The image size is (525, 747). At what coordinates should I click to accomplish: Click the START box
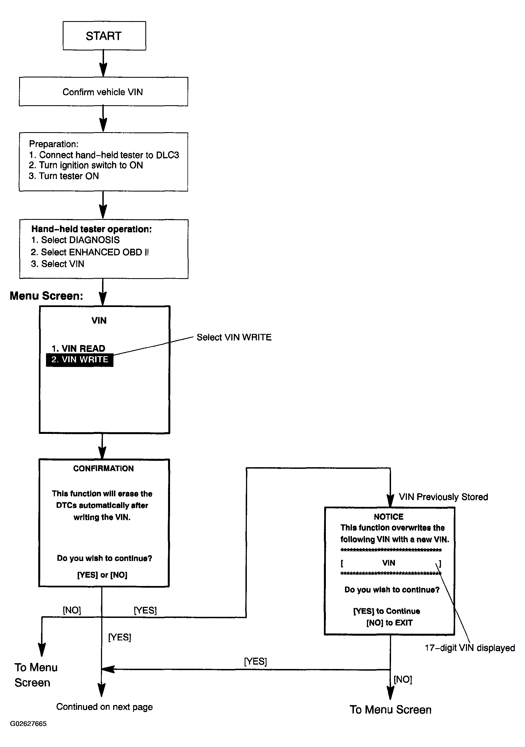[x=104, y=36]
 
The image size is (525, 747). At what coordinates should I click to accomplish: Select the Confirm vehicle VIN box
[x=103, y=91]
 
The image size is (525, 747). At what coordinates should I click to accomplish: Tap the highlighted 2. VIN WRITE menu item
[x=80, y=359]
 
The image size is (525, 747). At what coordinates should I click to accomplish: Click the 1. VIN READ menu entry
[x=78, y=348]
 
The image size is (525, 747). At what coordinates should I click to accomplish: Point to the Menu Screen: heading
[x=47, y=296]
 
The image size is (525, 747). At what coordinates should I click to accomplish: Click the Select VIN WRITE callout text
[x=234, y=337]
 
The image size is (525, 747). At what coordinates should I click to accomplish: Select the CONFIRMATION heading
[x=103, y=469]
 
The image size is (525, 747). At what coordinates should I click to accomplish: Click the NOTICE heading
[x=389, y=517]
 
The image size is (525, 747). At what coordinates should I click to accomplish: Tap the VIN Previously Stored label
[x=443, y=497]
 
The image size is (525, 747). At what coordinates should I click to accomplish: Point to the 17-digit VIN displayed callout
[x=470, y=648]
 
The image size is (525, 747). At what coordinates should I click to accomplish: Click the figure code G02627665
[x=28, y=724]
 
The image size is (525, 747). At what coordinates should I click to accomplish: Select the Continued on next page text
[x=104, y=707]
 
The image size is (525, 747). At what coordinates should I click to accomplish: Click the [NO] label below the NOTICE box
[x=403, y=679]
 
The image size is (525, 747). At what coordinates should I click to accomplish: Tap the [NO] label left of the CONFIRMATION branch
[x=72, y=610]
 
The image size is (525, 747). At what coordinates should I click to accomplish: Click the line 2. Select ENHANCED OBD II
[x=90, y=252]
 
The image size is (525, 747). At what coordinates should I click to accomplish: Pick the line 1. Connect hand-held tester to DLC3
[x=104, y=155]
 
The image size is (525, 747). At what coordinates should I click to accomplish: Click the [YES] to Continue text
[x=387, y=611]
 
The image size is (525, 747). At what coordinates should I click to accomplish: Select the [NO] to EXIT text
[x=389, y=623]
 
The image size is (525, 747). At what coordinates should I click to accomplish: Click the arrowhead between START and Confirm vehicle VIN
[x=103, y=70]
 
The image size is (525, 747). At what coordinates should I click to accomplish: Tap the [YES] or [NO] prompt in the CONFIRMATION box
[x=102, y=575]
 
